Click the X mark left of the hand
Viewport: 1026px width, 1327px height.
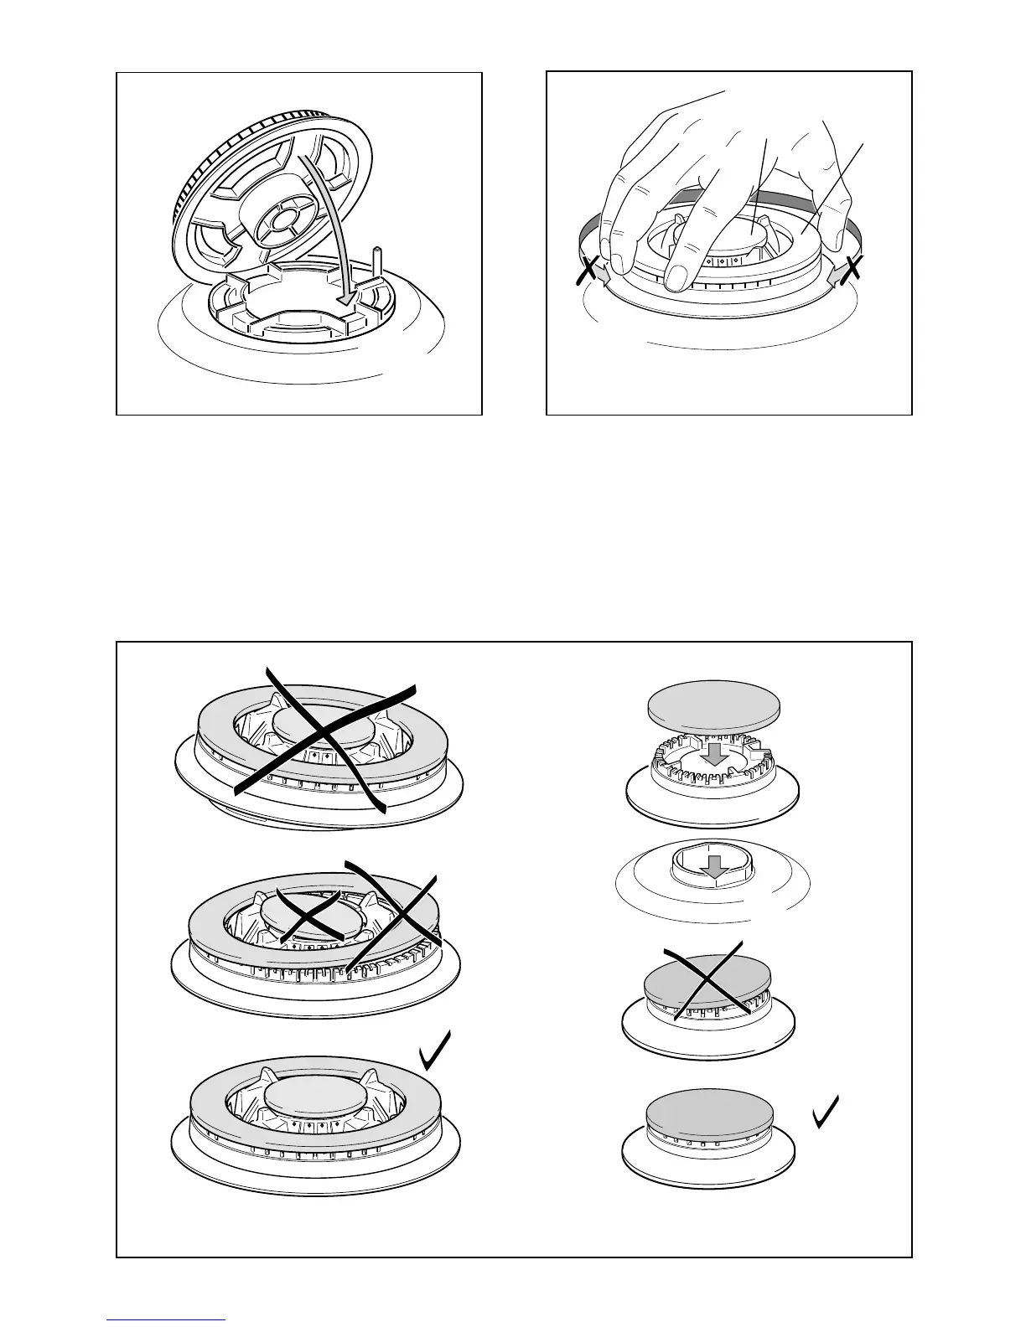tap(590, 271)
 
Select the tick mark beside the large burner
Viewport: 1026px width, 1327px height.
tap(436, 1051)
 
